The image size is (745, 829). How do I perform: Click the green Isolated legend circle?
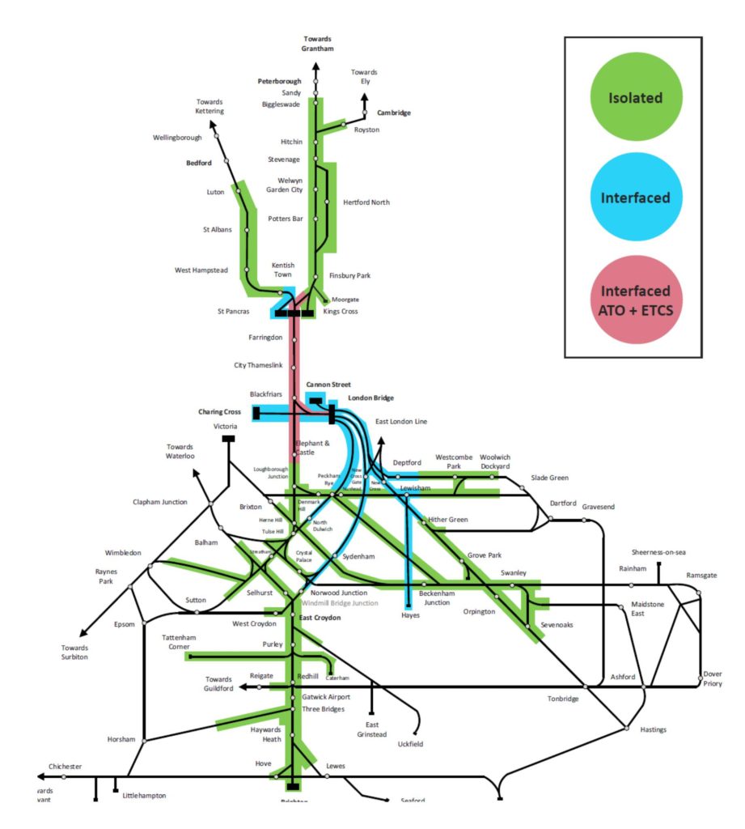(635, 98)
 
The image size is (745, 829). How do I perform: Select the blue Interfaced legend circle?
(635, 198)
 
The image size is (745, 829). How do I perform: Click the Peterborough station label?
(279, 81)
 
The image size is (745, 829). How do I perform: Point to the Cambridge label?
(394, 113)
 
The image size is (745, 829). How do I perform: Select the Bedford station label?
(198, 163)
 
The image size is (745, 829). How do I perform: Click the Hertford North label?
(366, 202)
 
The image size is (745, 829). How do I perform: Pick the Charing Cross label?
(219, 412)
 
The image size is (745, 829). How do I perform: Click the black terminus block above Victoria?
(228, 439)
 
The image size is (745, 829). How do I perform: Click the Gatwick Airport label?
(326, 696)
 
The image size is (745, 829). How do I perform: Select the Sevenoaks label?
(556, 624)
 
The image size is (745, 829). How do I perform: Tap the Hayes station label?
(411, 616)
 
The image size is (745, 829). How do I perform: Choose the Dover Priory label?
(712, 678)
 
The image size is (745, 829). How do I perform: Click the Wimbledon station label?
(123, 553)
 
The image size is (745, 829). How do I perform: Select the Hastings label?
(653, 729)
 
